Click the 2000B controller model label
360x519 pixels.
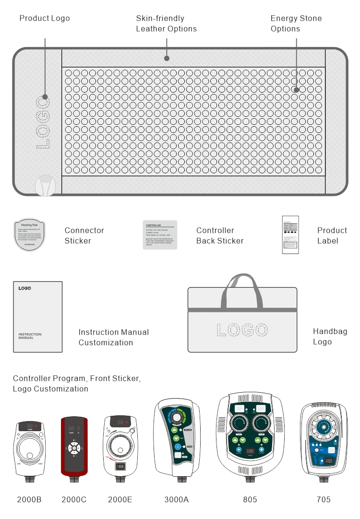tap(29, 499)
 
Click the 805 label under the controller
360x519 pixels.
tap(250, 499)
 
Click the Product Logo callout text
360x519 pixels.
tap(45, 18)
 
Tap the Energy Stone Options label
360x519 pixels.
tap(296, 24)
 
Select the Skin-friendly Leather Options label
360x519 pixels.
tap(166, 24)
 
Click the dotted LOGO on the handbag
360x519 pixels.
tap(242, 330)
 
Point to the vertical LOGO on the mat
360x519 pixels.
tap(43, 122)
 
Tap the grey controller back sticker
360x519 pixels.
tap(160, 235)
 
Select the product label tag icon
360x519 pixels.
tap(290, 235)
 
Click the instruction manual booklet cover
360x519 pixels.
tap(37, 316)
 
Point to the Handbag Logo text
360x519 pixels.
tap(330, 337)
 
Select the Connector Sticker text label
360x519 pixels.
tap(84, 235)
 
